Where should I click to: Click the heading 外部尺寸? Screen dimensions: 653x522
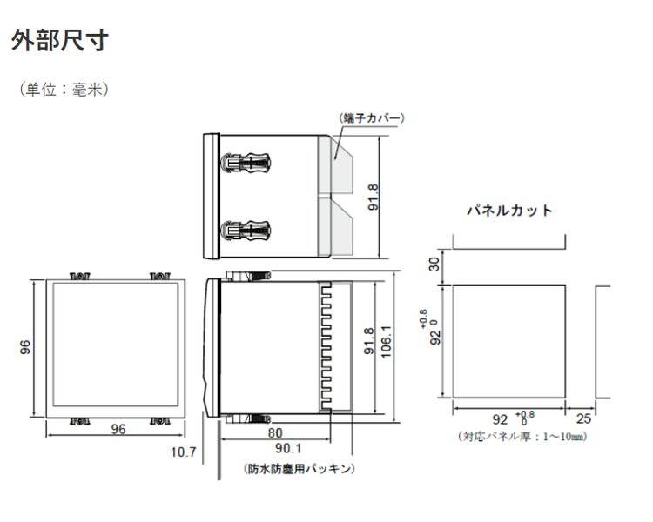tap(60, 40)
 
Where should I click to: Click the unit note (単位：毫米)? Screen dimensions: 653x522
tap(64, 89)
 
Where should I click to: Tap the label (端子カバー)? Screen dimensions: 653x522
tap(372, 117)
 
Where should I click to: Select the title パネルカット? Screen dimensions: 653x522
tap(509, 211)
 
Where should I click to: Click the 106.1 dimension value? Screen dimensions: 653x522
tap(387, 341)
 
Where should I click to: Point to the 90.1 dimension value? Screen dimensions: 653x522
tap(288, 448)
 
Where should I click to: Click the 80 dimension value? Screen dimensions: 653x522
tap(275, 433)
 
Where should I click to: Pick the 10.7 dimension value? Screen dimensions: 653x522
tap(183, 452)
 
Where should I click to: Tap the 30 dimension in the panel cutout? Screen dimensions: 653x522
tap(434, 264)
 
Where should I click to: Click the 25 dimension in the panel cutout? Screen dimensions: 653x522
tap(583, 418)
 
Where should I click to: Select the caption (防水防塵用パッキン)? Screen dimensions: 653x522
tap(299, 469)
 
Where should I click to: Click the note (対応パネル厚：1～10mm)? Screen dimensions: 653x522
tap(522, 436)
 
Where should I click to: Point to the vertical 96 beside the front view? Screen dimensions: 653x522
tap(25, 347)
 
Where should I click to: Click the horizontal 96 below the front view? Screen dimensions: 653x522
tap(118, 429)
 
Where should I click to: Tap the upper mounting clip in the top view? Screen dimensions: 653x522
tap(246, 162)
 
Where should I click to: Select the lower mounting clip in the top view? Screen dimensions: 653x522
tap(246, 231)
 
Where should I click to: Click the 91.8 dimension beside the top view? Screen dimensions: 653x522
tap(374, 197)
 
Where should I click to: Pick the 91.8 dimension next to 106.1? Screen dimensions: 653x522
tap(369, 341)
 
